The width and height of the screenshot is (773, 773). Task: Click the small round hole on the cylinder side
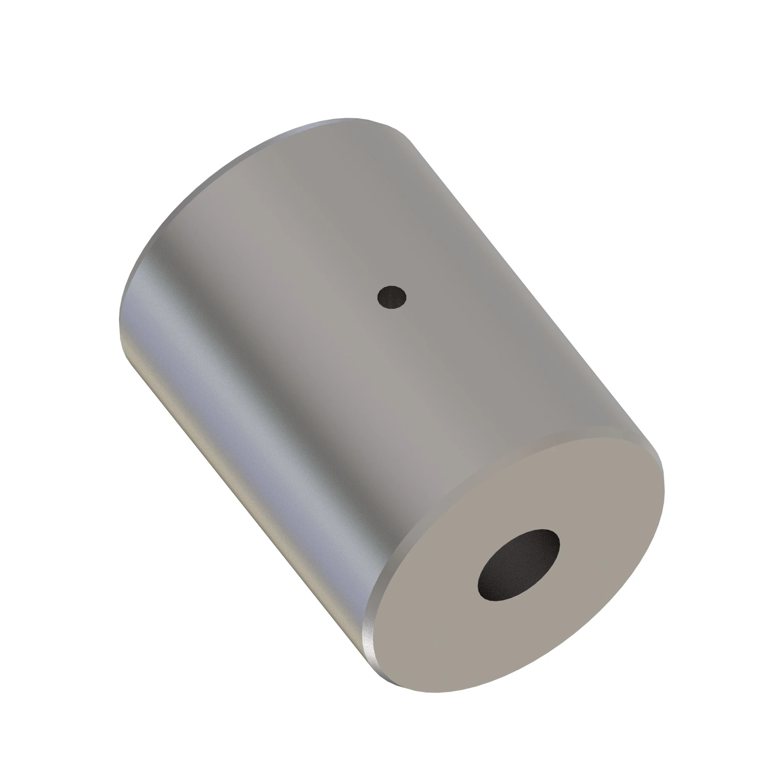click(392, 297)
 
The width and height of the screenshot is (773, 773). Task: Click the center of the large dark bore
click(519, 565)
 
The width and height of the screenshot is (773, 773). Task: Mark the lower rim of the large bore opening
click(500, 599)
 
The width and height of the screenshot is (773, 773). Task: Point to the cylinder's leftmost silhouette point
click(120, 320)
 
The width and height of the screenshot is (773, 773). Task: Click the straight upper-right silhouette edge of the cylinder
click(520, 280)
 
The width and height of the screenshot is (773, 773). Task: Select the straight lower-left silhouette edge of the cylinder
click(240, 500)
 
